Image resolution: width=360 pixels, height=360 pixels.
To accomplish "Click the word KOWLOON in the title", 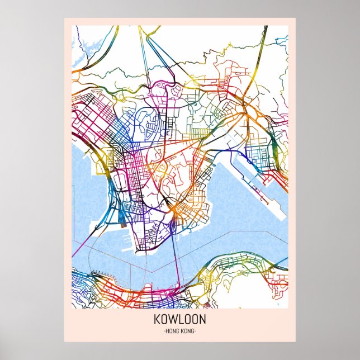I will click(179, 320).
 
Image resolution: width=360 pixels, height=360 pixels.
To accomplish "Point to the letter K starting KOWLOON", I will click(157, 320).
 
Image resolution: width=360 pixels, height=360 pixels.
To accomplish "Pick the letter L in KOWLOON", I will click(178, 320).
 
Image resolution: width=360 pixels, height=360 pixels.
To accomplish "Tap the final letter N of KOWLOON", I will click(202, 320).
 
